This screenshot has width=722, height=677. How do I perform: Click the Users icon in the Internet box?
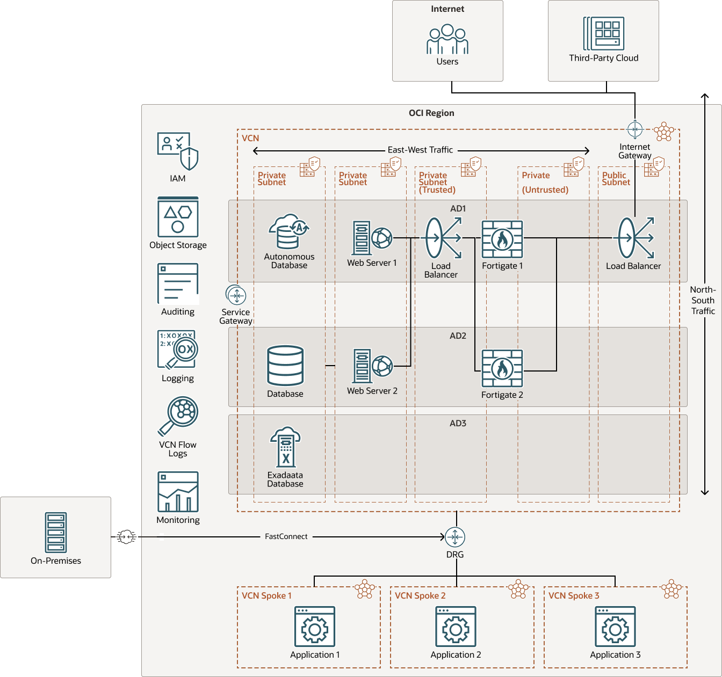pyautogui.click(x=447, y=39)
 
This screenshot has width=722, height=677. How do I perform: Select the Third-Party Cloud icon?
pyautogui.click(x=604, y=33)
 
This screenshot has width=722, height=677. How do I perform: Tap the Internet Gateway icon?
pyautogui.click(x=635, y=129)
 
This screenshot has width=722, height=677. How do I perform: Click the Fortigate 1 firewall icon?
pyautogui.click(x=502, y=239)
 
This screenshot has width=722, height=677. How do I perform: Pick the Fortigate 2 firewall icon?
pyautogui.click(x=502, y=368)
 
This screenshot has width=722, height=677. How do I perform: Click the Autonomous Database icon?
pyautogui.click(x=288, y=232)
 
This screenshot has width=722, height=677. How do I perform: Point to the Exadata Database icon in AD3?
pyautogui.click(x=285, y=447)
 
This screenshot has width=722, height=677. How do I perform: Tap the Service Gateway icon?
pyautogui.click(x=236, y=295)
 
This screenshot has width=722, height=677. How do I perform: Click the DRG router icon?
pyautogui.click(x=455, y=537)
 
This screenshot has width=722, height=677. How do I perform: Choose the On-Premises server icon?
pyautogui.click(x=56, y=533)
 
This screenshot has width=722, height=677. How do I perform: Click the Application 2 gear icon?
pyautogui.click(x=456, y=627)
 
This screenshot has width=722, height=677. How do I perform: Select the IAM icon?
pyautogui.click(x=178, y=151)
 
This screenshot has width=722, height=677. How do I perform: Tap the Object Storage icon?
pyautogui.click(x=178, y=217)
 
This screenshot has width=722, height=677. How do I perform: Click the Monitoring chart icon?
pyautogui.click(x=178, y=492)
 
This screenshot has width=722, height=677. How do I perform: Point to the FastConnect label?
pyautogui.click(x=286, y=536)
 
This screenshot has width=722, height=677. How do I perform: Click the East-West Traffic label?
pyautogui.click(x=420, y=150)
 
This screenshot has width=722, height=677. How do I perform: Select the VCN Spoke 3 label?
pyautogui.click(x=573, y=596)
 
